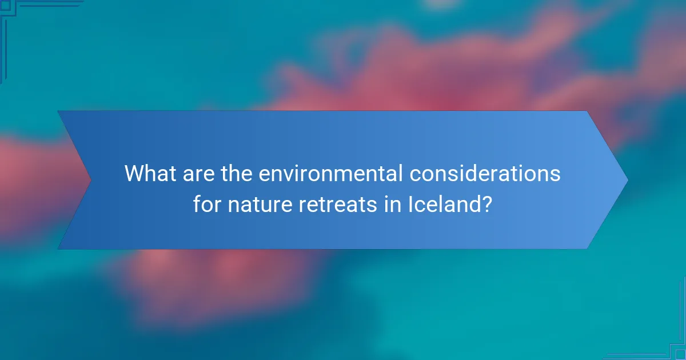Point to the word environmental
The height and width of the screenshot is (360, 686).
coord(331,174)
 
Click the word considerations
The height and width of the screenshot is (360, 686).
coord(486,174)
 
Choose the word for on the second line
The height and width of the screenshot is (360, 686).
coord(208,203)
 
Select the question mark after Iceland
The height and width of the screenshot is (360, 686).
coord(486,203)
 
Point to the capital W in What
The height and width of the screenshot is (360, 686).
coord(134,174)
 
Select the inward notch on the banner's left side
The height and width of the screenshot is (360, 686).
coord(90,180)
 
